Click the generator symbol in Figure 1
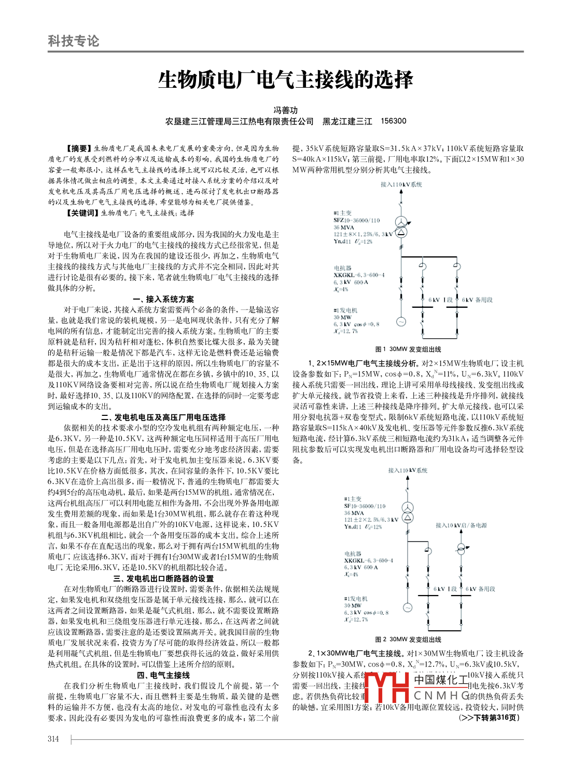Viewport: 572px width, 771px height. [401, 321]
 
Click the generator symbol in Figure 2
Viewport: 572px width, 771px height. [408, 607]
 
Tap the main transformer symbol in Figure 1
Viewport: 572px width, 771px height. [401, 227]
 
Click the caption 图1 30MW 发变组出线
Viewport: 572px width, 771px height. [408, 349]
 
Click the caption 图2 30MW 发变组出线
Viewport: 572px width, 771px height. [408, 640]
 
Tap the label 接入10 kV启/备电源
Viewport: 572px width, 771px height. [461, 525]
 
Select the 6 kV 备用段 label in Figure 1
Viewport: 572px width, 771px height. [477, 300]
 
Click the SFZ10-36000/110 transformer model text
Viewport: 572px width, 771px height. [356, 220]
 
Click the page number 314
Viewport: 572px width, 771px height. [53, 739]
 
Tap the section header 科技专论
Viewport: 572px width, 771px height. [73, 41]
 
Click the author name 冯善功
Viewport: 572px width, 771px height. [286, 110]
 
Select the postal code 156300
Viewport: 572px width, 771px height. [393, 121]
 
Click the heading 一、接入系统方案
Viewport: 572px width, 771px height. [163, 299]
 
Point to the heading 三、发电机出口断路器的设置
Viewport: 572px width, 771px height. [163, 578]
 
